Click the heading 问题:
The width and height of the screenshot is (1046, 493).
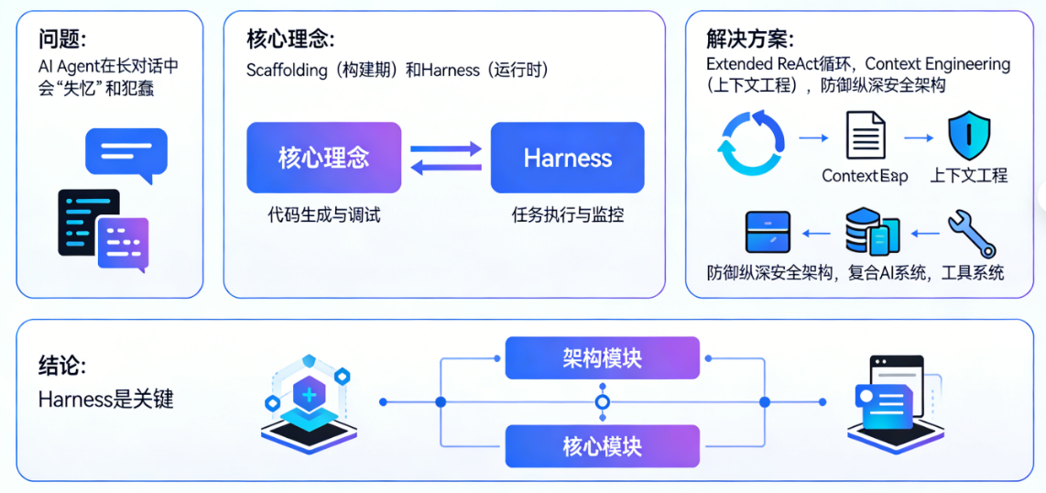point(62,39)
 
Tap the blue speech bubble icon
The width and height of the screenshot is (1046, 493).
point(125,152)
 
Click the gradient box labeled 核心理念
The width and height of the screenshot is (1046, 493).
point(323,158)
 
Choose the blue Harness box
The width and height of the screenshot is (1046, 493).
point(567,158)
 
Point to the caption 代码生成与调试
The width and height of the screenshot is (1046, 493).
point(323,216)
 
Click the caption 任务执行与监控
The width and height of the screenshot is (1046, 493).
point(567,216)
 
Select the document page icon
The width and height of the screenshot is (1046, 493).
point(865,137)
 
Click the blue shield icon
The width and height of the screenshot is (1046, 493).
point(968,137)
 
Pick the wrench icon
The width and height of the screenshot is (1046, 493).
point(971,234)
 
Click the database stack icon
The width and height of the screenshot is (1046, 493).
point(871,232)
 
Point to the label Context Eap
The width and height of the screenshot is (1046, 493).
point(865,176)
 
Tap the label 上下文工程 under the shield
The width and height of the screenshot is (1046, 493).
point(968,176)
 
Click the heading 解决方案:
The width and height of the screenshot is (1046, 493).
point(749,39)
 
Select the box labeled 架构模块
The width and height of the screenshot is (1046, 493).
point(602,358)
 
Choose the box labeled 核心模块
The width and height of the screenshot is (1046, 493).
point(602,447)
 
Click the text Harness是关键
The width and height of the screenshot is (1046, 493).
point(105,400)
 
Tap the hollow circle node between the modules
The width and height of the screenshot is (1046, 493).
point(602,402)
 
